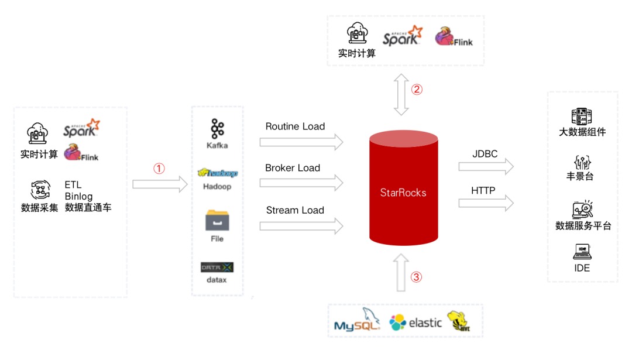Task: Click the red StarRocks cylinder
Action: coord(403,188)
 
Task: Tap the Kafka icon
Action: coord(217,129)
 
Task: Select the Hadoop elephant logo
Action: coord(218,173)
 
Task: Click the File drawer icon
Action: coord(217,220)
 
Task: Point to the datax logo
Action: coord(217,268)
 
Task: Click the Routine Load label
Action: coord(295,126)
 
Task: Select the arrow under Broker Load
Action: coord(301,183)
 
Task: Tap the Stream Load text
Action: coord(295,210)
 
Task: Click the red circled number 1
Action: coord(159,168)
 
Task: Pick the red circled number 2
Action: coord(417,89)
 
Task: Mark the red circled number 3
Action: coord(417,277)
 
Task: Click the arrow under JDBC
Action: coord(486,166)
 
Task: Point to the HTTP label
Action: coord(483,190)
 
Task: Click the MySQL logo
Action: coord(357,320)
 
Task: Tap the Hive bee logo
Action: coord(459,321)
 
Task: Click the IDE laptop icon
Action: coord(582,252)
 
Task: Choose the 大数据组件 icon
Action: coord(582,116)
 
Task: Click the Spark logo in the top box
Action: coord(403,36)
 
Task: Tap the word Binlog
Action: coord(78,196)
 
